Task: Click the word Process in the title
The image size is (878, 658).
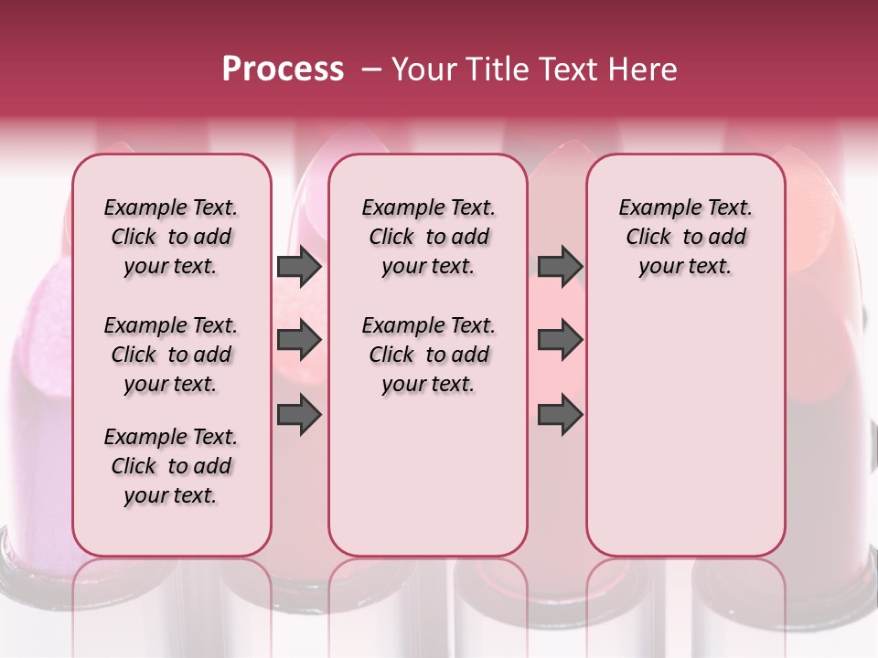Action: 283,69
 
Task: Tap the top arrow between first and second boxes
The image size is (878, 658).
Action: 299,267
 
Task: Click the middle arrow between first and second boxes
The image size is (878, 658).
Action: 299,341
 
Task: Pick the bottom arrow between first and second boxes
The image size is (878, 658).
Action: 299,415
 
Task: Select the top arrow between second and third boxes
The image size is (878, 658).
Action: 560,267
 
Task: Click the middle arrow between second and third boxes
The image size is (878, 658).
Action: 560,341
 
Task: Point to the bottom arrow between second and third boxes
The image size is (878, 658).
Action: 560,415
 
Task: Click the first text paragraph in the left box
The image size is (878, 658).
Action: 171,237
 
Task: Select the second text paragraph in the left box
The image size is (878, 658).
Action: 171,355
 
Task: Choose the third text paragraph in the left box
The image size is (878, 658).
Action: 171,466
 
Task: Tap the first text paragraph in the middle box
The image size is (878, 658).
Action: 429,237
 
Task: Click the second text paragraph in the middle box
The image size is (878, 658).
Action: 429,355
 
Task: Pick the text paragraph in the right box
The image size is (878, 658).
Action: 686,237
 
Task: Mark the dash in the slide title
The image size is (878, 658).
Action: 371,69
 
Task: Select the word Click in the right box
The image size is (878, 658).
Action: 648,237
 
